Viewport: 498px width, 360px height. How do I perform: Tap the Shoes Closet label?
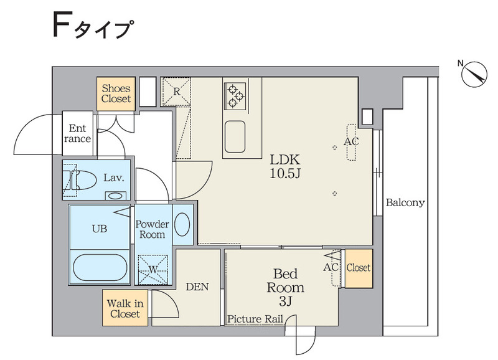point(116,94)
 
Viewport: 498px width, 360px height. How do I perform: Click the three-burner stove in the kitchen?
point(235,95)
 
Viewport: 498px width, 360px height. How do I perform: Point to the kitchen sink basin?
point(235,136)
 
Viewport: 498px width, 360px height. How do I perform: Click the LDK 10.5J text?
point(285,166)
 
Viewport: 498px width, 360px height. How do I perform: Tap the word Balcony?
point(405,202)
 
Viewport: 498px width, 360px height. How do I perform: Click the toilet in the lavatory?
point(83,181)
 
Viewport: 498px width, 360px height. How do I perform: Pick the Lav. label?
point(114,178)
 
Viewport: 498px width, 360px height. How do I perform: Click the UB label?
point(100,229)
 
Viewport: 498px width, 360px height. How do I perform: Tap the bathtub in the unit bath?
point(100,268)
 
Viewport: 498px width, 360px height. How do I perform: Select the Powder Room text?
point(153,229)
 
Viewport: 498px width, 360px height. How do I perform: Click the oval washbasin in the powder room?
point(182,225)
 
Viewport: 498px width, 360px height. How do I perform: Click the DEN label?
point(197,287)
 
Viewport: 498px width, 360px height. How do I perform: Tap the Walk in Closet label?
point(125,308)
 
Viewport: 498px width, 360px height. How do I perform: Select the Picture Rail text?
point(255,320)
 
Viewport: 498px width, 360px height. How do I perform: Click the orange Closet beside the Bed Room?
point(359,268)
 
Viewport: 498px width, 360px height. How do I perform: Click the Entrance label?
point(78,133)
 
